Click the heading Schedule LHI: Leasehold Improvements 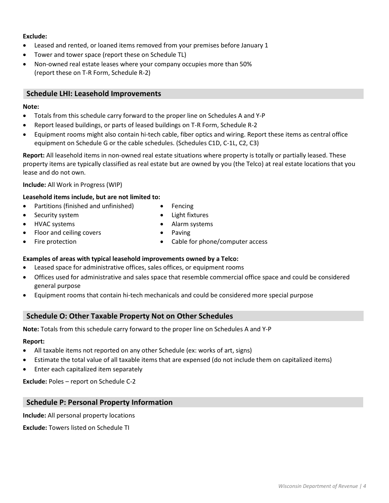click(x=94, y=94)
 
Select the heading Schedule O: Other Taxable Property click(x=129, y=316)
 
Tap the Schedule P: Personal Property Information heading click(x=100, y=402)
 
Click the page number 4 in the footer click(x=364, y=486)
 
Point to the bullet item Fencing click(x=182, y=206)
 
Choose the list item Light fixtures click(x=190, y=215)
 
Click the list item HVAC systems click(x=54, y=224)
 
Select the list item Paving click(x=181, y=233)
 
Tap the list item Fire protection click(x=55, y=242)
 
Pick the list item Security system click(x=57, y=215)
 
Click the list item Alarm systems click(x=192, y=224)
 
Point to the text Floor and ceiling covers click(x=68, y=233)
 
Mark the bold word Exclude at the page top click(x=35, y=36)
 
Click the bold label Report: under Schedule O click(x=34, y=341)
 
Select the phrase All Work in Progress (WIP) click(x=85, y=185)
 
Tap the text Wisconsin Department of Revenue click(x=318, y=486)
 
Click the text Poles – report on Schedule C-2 click(x=92, y=382)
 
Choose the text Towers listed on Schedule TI click(x=89, y=428)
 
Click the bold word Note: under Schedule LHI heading click(x=31, y=107)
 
